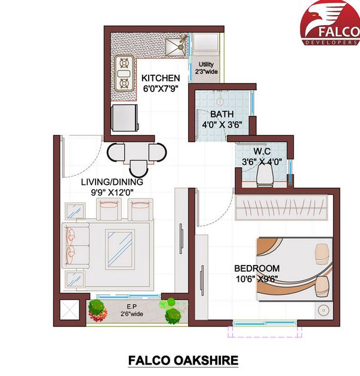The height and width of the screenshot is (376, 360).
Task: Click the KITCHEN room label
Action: [161, 78]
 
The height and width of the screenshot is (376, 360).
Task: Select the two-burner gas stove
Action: [124, 73]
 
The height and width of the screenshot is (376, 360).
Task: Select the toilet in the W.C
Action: [264, 175]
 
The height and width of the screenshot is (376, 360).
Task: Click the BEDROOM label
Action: [257, 268]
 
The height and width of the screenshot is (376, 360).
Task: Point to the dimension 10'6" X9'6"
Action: [257, 278]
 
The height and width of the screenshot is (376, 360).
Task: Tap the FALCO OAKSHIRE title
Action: [183, 360]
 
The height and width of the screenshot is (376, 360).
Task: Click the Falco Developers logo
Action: [328, 24]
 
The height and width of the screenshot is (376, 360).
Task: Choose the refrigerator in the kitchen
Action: [124, 118]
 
